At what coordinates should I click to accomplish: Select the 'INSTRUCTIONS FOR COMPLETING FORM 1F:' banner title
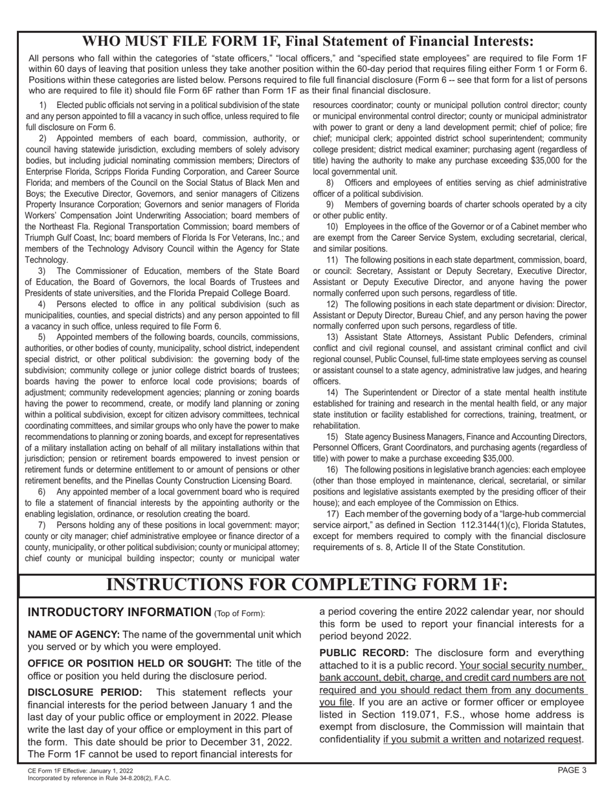(307, 584)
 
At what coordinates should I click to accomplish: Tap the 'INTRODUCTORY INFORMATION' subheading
(119, 612)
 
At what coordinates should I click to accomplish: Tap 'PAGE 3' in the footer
(572, 770)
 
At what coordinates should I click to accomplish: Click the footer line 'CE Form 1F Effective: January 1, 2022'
(80, 771)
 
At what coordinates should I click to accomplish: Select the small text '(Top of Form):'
(239, 614)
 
